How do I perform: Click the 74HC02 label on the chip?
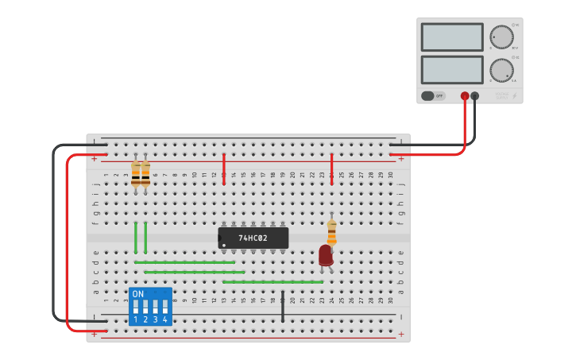point(253,238)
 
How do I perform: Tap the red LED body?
point(325,255)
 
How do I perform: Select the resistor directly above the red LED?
point(331,232)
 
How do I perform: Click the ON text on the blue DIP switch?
point(138,294)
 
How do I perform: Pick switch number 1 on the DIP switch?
point(136,308)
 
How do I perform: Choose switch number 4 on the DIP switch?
point(165,308)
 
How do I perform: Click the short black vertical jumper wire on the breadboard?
point(282,306)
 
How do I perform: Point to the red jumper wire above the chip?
point(224,168)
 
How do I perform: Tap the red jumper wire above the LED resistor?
point(331,168)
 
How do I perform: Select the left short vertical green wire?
point(136,237)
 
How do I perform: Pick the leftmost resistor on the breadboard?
point(136,173)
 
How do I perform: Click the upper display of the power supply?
point(452,37)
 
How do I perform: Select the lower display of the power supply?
point(452,69)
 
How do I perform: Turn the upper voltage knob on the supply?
point(501,37)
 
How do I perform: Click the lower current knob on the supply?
point(501,70)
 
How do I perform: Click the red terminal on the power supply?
point(465,96)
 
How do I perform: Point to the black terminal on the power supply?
point(475,96)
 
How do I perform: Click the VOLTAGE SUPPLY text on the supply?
point(502,95)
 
